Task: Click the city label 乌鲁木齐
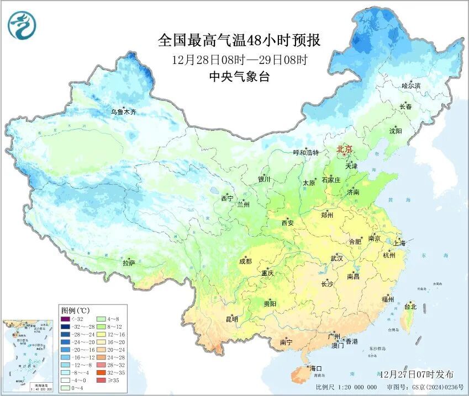tap(123, 112)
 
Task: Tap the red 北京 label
tap(344, 149)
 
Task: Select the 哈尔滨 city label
tap(411, 86)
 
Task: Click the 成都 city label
tap(246, 261)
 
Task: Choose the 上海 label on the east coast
tap(399, 243)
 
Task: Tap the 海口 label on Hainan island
tap(315, 368)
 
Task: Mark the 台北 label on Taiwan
tap(410, 307)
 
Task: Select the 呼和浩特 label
tap(305, 153)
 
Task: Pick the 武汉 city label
tap(336, 258)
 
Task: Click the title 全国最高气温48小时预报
tap(239, 41)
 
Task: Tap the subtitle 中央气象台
tap(239, 77)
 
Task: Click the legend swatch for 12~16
tap(101, 334)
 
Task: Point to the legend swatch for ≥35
tap(101, 381)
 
